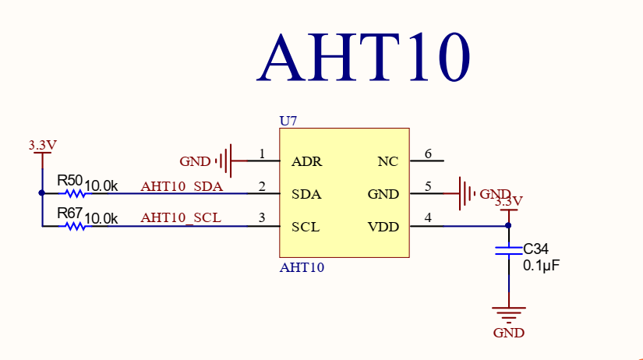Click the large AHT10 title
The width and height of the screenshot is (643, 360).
[x=364, y=58]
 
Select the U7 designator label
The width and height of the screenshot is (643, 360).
[x=288, y=121]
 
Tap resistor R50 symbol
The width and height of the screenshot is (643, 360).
[x=75, y=194]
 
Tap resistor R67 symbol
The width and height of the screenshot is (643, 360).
[x=75, y=226]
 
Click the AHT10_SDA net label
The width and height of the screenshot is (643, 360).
[x=182, y=187]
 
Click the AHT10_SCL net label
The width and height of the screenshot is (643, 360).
[x=181, y=218]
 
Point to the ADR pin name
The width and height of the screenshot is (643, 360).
[x=306, y=162]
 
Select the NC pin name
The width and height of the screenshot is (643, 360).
[x=387, y=162]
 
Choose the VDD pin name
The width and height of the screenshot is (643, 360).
[x=383, y=227]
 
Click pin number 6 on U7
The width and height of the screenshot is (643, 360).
[x=427, y=154]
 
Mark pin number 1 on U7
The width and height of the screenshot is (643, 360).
[x=262, y=154]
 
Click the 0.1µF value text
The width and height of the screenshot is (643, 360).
[x=542, y=266]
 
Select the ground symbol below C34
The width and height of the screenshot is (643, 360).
[x=508, y=315]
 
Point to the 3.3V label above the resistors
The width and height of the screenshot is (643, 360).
[x=42, y=145]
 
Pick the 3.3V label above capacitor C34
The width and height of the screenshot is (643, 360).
[x=509, y=201]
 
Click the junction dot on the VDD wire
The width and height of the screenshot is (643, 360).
[x=508, y=226]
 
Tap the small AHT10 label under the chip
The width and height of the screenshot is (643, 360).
[x=302, y=267]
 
